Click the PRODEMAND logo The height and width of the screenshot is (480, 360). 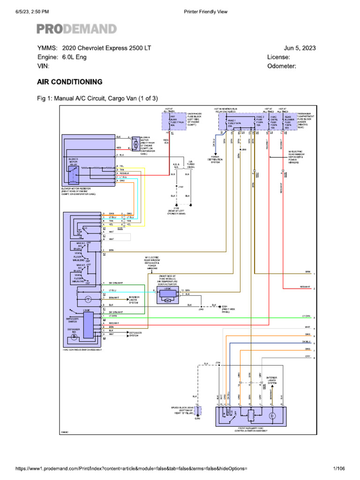[76, 29]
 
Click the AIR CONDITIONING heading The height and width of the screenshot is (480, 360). [70, 82]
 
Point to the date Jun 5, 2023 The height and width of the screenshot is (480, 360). [300, 48]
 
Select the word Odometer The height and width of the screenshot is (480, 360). [281, 66]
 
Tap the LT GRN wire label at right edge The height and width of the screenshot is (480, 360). [307, 316]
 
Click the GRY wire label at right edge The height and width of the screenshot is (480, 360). [308, 357]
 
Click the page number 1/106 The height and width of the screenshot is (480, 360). [338, 468]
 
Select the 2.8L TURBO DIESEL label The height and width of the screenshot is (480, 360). [191, 164]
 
